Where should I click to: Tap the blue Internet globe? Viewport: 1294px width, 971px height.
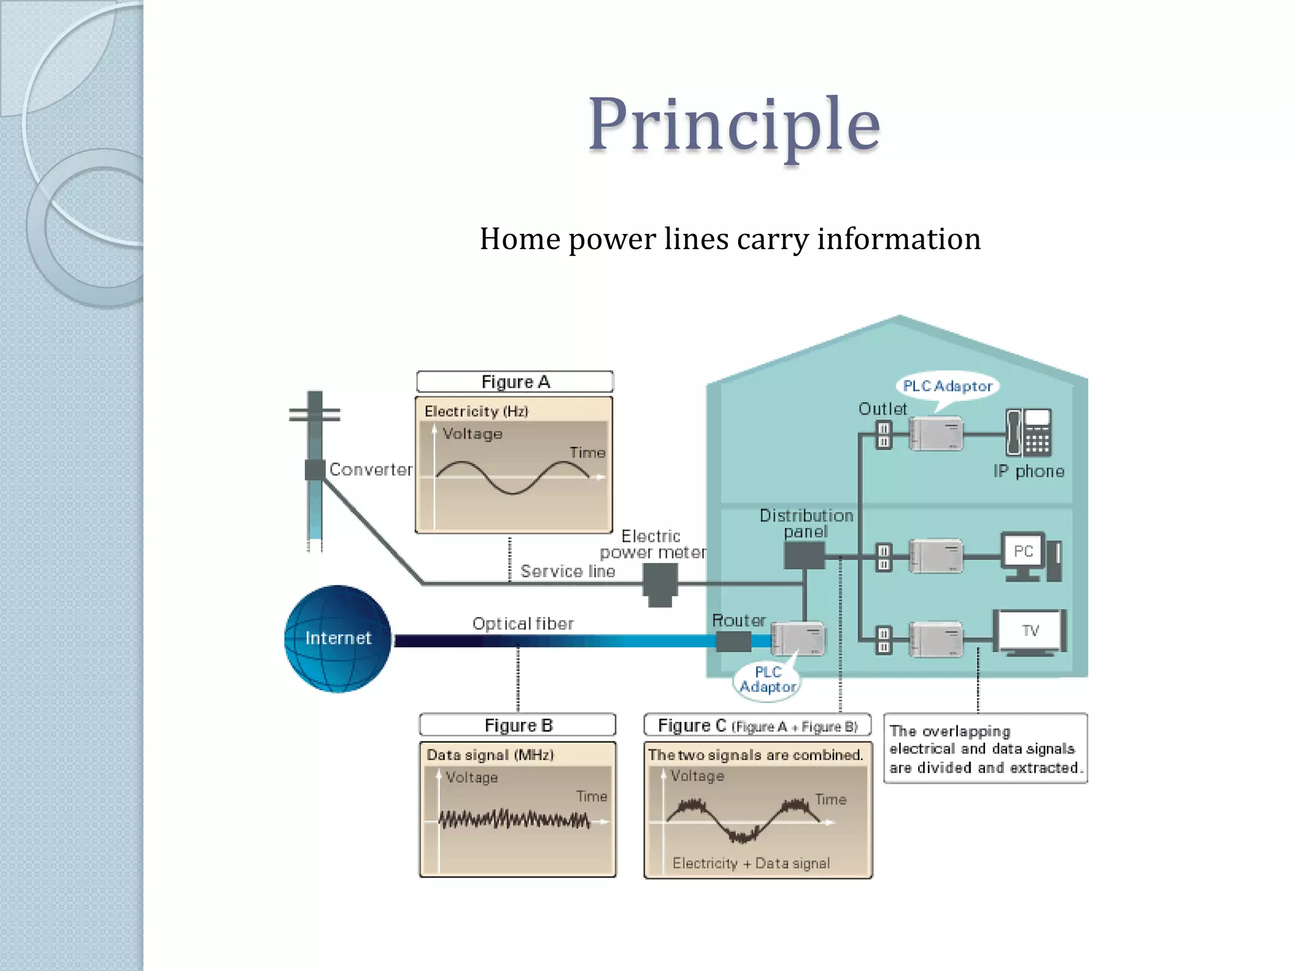pyautogui.click(x=337, y=638)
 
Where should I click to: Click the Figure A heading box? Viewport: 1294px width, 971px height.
pyautogui.click(x=515, y=382)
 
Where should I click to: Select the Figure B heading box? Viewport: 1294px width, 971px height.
pyautogui.click(x=517, y=725)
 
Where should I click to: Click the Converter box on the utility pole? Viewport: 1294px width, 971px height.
pyautogui.click(x=314, y=470)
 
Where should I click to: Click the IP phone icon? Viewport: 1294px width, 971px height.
pyautogui.click(x=1029, y=432)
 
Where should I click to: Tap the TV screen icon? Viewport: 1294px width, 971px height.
pyautogui.click(x=1030, y=631)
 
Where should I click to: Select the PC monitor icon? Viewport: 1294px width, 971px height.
pyautogui.click(x=1024, y=551)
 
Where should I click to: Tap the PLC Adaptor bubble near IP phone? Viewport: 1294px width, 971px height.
pyautogui.click(x=947, y=386)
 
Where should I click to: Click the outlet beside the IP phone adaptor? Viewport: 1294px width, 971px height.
pyautogui.click(x=883, y=435)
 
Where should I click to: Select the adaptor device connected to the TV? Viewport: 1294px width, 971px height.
pyautogui.click(x=936, y=639)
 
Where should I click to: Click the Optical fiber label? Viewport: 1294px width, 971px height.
pyautogui.click(x=523, y=624)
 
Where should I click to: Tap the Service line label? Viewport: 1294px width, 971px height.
pyautogui.click(x=567, y=571)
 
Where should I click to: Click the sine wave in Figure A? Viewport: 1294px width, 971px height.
pyautogui.click(x=512, y=477)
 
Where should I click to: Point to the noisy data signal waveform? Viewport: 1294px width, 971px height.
pyautogui.click(x=514, y=820)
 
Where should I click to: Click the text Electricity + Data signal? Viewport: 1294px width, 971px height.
pyautogui.click(x=751, y=864)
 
